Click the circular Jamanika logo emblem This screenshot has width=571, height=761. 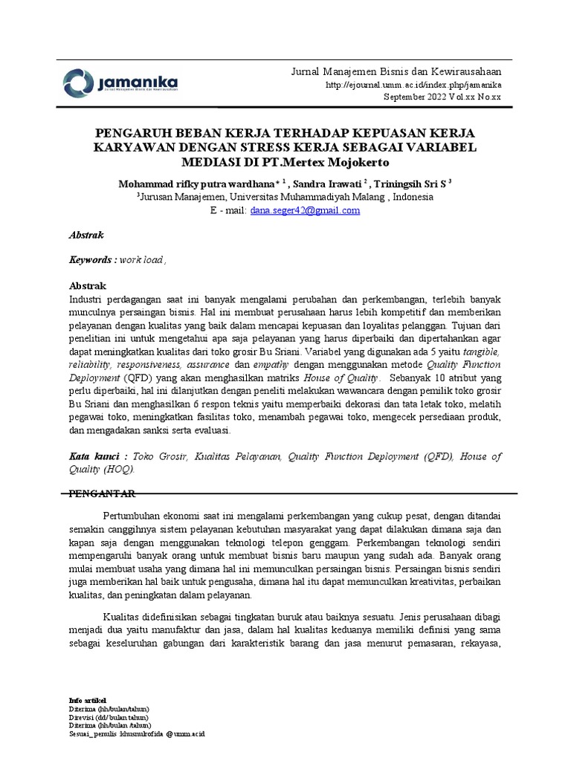78,82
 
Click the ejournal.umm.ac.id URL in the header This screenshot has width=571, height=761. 414,86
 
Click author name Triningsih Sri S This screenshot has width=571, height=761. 410,184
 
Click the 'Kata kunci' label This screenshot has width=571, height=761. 93,456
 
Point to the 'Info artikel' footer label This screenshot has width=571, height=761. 87,700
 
